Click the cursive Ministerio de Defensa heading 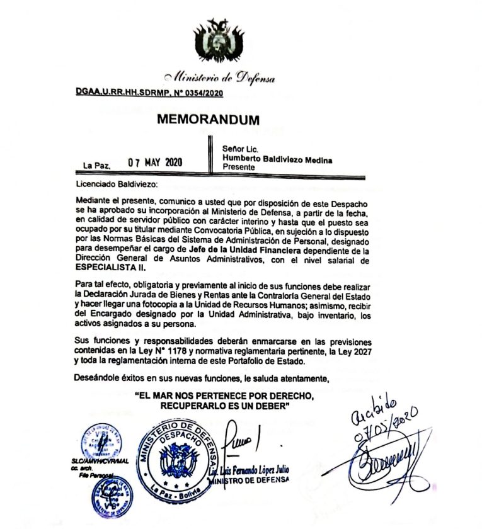[219, 79]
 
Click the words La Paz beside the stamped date [97, 166]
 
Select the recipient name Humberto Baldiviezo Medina [277, 160]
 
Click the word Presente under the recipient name [239, 168]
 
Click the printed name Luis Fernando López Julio [251, 471]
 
